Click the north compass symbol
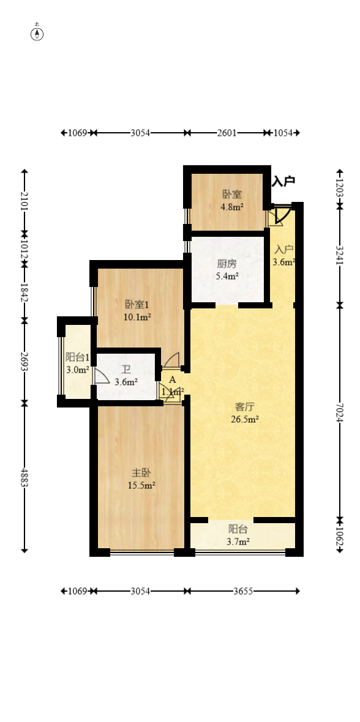point(37,34)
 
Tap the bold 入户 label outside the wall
point(283,181)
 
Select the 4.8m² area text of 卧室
point(232,207)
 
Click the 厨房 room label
point(227,264)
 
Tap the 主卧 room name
point(141,472)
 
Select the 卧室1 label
point(137,304)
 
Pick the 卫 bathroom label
point(126,370)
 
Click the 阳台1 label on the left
point(78,358)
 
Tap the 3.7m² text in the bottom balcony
point(238,541)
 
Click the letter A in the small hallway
point(173,379)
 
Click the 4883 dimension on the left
point(24,477)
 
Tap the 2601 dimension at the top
point(227,133)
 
